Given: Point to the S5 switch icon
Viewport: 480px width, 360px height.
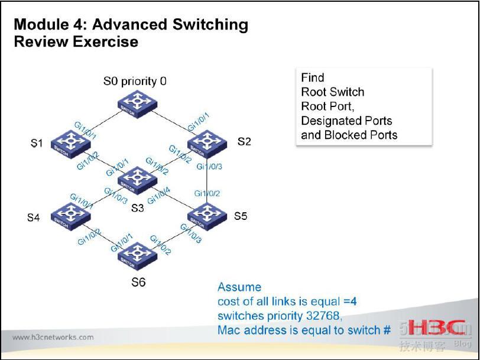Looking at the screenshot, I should click(x=207, y=214).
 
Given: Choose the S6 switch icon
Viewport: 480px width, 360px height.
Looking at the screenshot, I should click(x=138, y=253).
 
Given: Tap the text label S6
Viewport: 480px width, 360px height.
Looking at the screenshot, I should click(x=138, y=282).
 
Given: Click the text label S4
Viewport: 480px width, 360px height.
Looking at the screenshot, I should click(x=34, y=218).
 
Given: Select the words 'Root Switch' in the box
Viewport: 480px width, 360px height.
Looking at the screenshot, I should click(x=332, y=92).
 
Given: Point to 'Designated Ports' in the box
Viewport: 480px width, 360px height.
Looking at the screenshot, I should click(x=346, y=121).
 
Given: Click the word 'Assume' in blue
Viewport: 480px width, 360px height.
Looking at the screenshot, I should click(x=239, y=287).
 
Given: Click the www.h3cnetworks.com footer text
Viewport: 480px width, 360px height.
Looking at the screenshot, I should click(x=53, y=338).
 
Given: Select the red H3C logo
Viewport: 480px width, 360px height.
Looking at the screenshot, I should click(x=435, y=329).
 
